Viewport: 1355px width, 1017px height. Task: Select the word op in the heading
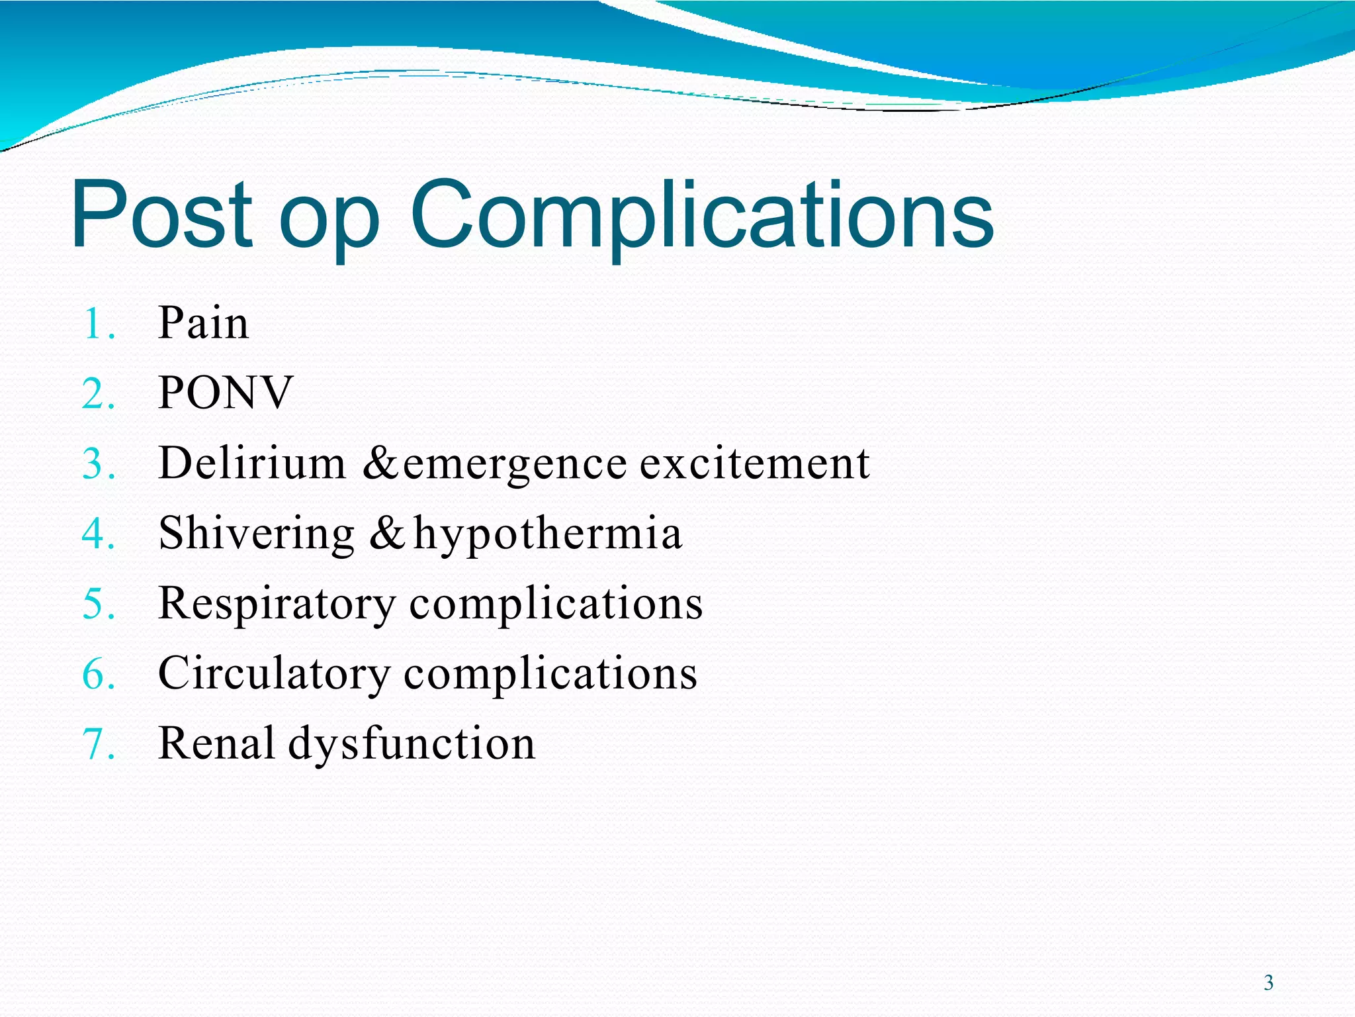coord(329,222)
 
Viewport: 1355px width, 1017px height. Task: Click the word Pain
coord(203,323)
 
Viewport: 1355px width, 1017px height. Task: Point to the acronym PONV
coord(225,393)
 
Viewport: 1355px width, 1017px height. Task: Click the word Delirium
coord(252,463)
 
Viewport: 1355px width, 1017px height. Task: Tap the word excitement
coord(754,463)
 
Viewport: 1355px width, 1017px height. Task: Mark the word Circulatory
coord(274,674)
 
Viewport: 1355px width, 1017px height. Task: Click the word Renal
coord(216,743)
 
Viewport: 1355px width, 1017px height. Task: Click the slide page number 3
coord(1268,983)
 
